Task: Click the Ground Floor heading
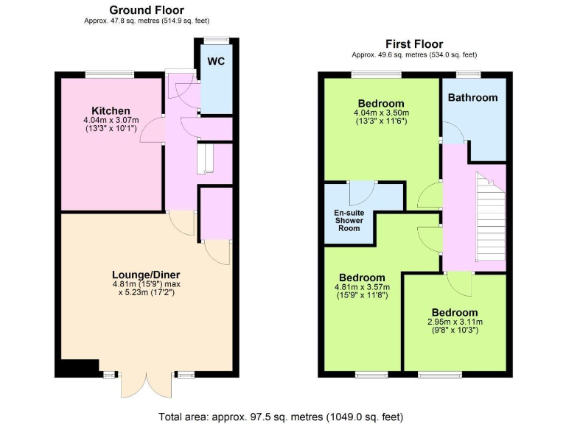[147, 10]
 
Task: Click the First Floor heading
[414, 43]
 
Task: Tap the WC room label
[216, 60]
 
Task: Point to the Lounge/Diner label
[146, 275]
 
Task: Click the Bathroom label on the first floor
[472, 97]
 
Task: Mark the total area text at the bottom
[282, 417]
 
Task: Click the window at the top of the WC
[216, 40]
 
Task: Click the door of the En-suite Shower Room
[361, 194]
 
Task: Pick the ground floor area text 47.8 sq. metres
[147, 21]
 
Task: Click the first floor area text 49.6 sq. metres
[414, 54]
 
